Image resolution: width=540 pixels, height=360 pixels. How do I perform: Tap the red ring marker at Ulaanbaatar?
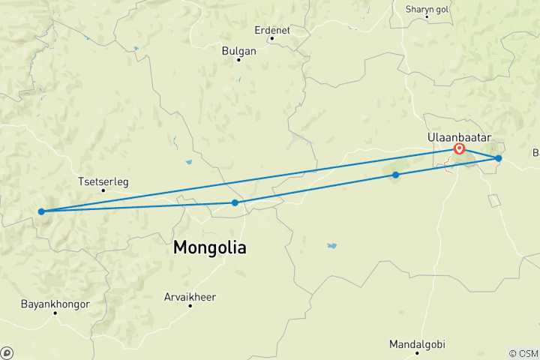click(459, 148)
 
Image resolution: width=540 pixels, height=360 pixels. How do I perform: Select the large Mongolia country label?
click(209, 247)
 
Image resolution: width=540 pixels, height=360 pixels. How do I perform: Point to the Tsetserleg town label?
click(103, 181)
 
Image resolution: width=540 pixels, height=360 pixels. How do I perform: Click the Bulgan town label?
click(239, 51)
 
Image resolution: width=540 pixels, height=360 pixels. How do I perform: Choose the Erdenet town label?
click(272, 30)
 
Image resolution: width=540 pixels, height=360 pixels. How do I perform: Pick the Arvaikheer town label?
click(190, 297)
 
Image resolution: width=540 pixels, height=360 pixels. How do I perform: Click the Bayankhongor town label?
click(56, 304)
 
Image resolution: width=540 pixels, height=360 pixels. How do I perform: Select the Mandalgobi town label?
click(417, 344)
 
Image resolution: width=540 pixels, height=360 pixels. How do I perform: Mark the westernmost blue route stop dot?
click(41, 211)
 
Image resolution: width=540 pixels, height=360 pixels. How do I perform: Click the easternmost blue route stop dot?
click(498, 158)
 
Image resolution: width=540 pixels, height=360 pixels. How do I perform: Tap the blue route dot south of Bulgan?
click(235, 202)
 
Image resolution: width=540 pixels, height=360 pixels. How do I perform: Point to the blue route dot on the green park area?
click(396, 175)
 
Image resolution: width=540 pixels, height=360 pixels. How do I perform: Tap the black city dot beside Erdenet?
click(271, 38)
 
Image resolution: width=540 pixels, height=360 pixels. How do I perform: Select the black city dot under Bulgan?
click(238, 60)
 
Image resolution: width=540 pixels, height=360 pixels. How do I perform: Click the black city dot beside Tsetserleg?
click(103, 190)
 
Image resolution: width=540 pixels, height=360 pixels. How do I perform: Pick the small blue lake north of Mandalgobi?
click(331, 245)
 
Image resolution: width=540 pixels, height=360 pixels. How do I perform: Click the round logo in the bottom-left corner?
click(7, 352)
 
